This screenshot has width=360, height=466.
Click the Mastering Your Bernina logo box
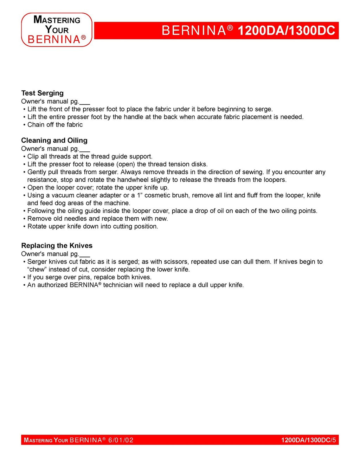click(x=57, y=30)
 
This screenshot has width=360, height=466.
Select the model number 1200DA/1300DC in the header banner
click(x=286, y=31)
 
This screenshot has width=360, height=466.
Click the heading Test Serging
click(x=42, y=93)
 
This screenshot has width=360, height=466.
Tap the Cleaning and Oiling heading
click(x=54, y=141)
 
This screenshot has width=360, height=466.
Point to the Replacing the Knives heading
click(x=57, y=246)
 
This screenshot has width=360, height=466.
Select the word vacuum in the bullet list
click(x=65, y=195)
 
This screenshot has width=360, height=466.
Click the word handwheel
click(x=133, y=180)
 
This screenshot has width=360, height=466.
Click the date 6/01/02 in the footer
click(x=121, y=440)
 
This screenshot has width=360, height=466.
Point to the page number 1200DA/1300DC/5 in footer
click(x=308, y=440)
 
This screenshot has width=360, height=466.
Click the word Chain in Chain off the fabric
click(x=36, y=125)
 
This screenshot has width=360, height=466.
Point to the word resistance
click(x=43, y=180)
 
